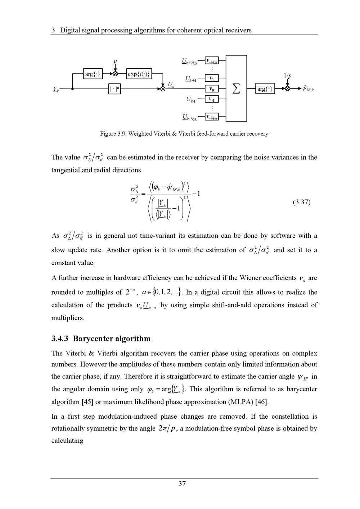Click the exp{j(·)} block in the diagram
[x=139, y=74]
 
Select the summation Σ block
[x=236, y=88]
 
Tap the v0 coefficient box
[x=212, y=88]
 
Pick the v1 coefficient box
[x=212, y=78]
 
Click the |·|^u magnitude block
[x=114, y=88]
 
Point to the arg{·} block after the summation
[x=265, y=88]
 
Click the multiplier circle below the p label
[x=115, y=74]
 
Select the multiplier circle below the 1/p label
[x=287, y=88]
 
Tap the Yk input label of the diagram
[x=56, y=89]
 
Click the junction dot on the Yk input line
[x=73, y=88]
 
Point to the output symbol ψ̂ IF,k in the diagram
[x=308, y=88]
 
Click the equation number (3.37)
[x=301, y=202]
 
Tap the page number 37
[x=182, y=484]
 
